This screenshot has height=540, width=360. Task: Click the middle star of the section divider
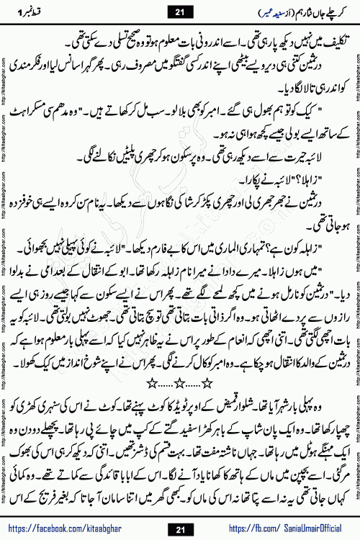pos(181,356)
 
